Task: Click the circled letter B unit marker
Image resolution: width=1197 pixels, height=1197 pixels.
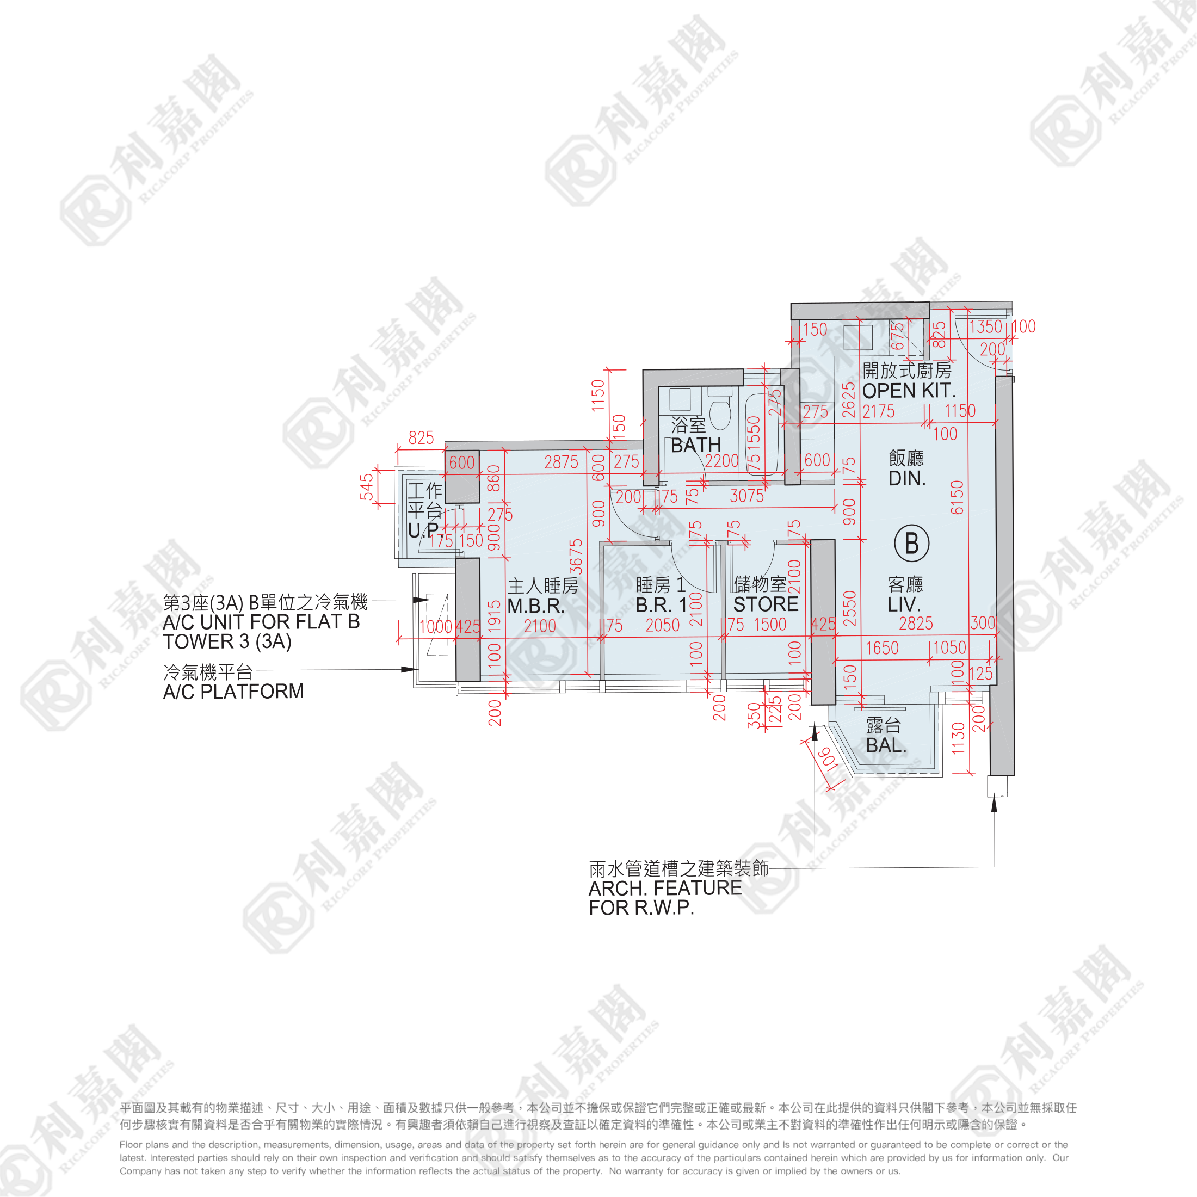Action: (x=911, y=544)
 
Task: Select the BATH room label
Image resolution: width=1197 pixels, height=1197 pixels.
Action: (x=696, y=445)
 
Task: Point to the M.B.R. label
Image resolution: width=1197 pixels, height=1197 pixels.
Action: (x=536, y=606)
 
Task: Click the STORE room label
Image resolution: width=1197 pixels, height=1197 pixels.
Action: (x=766, y=604)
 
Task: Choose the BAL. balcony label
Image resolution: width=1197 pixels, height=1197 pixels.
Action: (x=886, y=745)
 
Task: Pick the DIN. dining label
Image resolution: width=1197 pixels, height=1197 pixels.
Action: (x=906, y=478)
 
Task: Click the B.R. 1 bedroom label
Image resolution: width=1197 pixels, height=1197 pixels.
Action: (x=661, y=604)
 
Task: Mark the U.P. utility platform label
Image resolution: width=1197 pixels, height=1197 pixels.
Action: (x=424, y=530)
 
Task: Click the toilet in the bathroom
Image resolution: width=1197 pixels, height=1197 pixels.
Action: (x=720, y=411)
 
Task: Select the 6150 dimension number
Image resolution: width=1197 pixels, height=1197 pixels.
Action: (x=957, y=497)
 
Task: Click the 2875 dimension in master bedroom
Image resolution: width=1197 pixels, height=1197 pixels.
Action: (x=561, y=462)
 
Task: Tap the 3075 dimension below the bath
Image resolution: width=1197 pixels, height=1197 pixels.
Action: (x=746, y=496)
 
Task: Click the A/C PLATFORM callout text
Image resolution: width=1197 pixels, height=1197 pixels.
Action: (x=233, y=692)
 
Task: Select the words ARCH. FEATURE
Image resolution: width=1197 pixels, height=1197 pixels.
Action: (x=665, y=888)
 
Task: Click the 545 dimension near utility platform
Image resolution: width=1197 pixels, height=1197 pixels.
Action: (x=367, y=486)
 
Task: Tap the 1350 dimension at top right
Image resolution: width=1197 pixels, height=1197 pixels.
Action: (x=985, y=326)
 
